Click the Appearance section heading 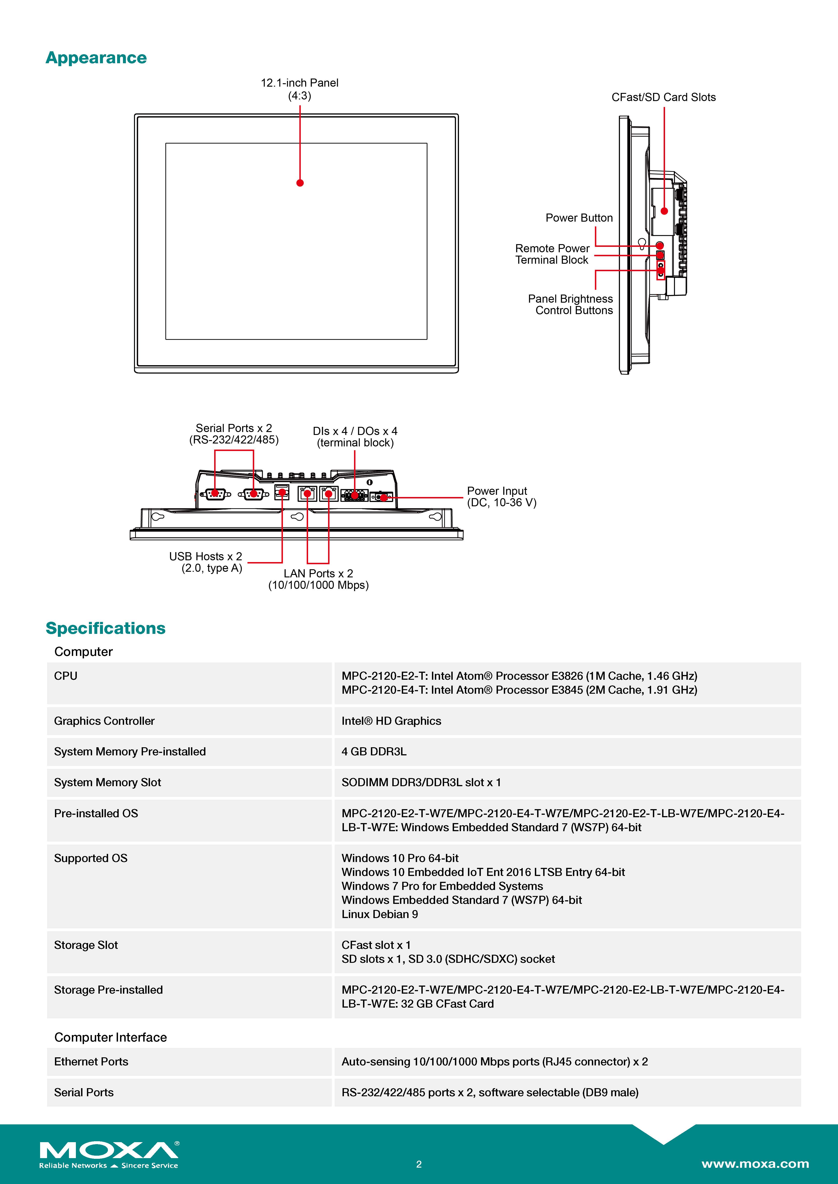(x=96, y=58)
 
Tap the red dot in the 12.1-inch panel (x=300, y=182)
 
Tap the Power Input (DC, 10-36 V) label (x=501, y=497)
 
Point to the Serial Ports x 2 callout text (x=234, y=434)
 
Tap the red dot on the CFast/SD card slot (x=664, y=211)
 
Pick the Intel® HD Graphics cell (x=391, y=721)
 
